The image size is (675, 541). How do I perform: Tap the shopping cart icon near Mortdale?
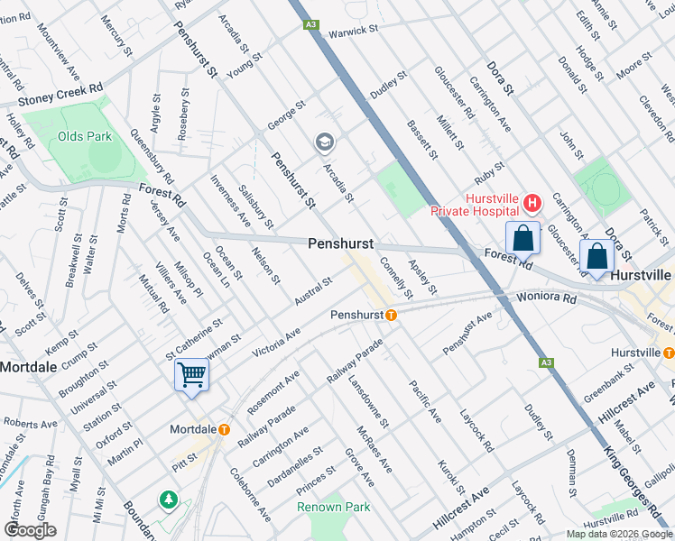(191, 374)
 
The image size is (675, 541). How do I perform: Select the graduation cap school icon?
(323, 142)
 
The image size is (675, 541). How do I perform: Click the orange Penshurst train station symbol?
(391, 316)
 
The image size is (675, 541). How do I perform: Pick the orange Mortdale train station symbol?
(223, 430)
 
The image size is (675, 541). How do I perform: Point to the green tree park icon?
(167, 499)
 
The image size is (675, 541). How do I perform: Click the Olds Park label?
(84, 136)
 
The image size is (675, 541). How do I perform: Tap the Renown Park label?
(334, 507)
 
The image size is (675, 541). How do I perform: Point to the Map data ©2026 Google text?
(619, 534)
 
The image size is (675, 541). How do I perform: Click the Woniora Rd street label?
(546, 297)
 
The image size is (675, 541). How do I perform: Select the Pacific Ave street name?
(424, 401)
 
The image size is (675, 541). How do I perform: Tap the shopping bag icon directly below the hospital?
(523, 239)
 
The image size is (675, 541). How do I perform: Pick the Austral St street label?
(314, 290)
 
